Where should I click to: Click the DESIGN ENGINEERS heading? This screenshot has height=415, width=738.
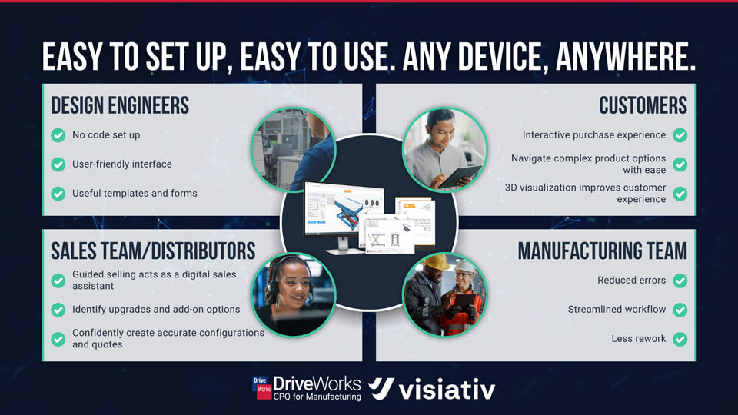[120, 105]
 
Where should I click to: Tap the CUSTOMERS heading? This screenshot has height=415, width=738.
[643, 105]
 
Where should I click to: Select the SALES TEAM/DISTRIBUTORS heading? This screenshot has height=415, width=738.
[153, 251]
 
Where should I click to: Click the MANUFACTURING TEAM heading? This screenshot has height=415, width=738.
[602, 251]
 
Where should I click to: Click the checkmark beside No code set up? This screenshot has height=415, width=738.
[58, 135]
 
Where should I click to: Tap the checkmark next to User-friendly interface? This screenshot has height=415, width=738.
[58, 164]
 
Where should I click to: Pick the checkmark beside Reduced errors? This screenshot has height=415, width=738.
[680, 281]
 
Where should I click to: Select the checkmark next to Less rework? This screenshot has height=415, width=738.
[680, 339]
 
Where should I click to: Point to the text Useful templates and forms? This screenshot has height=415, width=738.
[135, 194]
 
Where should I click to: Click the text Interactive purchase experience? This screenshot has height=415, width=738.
[594, 135]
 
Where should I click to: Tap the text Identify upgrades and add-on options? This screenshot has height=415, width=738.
[156, 310]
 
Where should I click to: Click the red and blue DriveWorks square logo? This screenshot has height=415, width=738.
[262, 388]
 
